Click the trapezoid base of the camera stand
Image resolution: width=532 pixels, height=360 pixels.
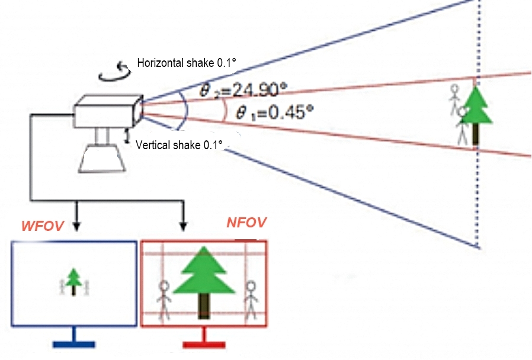[x=103, y=159]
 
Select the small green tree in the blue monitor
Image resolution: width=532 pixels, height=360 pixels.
[x=73, y=280]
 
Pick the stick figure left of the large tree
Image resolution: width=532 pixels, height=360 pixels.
[x=165, y=300]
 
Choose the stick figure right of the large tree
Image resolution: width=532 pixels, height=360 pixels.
[x=251, y=298]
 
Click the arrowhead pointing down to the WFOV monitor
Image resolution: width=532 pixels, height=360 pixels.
[x=75, y=226]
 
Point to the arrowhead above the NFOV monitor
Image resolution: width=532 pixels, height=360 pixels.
[x=184, y=226]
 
